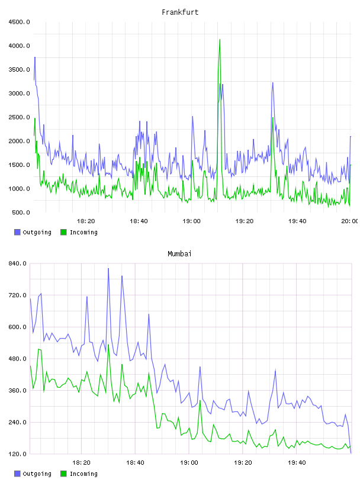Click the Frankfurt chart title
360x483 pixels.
click(180, 12)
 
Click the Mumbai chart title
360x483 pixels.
click(179, 253)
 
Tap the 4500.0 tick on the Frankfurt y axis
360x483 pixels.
click(19, 22)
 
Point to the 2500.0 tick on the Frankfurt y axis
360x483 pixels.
click(19, 117)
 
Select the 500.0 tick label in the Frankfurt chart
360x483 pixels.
click(21, 212)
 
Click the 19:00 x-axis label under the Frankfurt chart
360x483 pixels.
click(191, 221)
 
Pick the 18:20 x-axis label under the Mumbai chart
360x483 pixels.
click(81, 462)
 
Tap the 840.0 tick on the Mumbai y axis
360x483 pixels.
click(18, 263)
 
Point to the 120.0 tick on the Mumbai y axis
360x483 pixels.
click(18, 454)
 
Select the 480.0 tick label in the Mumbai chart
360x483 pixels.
click(18, 359)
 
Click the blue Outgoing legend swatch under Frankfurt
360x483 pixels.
click(17, 232)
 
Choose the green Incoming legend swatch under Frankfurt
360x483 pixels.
click(63, 232)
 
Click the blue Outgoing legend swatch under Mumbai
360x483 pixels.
click(17, 474)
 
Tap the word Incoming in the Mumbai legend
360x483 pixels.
click(83, 474)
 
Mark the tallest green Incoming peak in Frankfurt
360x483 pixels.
click(220, 40)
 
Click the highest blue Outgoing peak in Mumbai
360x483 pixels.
click(108, 269)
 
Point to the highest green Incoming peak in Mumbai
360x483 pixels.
click(108, 344)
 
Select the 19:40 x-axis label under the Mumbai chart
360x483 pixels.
click(297, 462)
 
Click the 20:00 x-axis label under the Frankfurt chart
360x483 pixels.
click(349, 221)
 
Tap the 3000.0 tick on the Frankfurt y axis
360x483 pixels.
click(19, 94)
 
